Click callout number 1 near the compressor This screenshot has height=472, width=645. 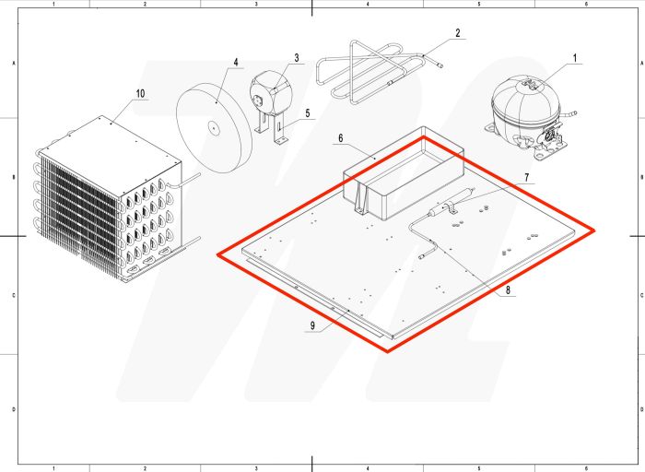pos(576,57)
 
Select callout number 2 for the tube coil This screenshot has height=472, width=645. pos(457,34)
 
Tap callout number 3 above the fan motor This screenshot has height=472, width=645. pos(297,58)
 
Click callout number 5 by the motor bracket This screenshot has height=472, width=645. pos(308,114)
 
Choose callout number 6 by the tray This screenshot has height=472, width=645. pos(340,138)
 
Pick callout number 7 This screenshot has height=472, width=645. pos(527,176)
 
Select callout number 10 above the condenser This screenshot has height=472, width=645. pos(140,94)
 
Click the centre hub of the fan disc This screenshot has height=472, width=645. pos(213,129)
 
